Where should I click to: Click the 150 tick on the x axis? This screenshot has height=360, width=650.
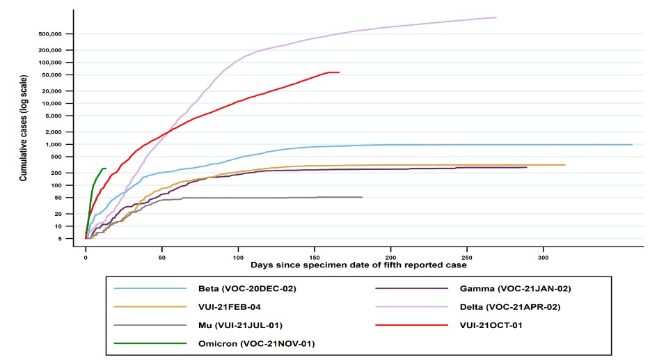coord(315,256)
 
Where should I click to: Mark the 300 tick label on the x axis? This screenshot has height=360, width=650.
coord(544,256)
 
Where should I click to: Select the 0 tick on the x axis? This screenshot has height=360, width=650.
coord(86,256)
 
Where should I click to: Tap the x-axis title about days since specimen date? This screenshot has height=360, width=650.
coord(359,265)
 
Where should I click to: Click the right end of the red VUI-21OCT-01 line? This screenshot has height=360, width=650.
coord(339,72)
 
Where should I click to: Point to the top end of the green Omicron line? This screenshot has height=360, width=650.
coord(105,169)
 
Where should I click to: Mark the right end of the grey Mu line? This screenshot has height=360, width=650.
coord(362,197)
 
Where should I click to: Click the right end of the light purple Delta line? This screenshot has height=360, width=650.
coord(496,17)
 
